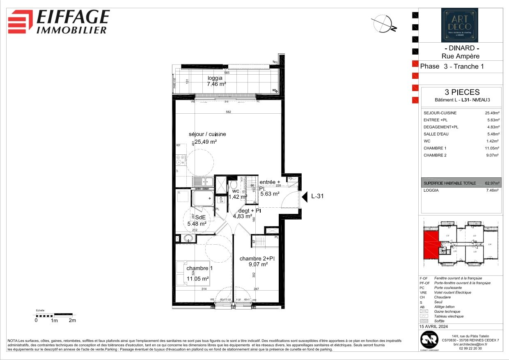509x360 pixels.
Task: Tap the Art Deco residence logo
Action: [459, 25]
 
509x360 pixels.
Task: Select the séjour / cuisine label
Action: [207, 134]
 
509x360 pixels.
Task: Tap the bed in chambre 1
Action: [193, 273]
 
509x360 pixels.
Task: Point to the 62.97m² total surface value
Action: [491, 183]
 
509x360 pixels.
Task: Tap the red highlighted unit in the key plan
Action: [431, 244]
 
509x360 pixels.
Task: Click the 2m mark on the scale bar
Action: [72, 321]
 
